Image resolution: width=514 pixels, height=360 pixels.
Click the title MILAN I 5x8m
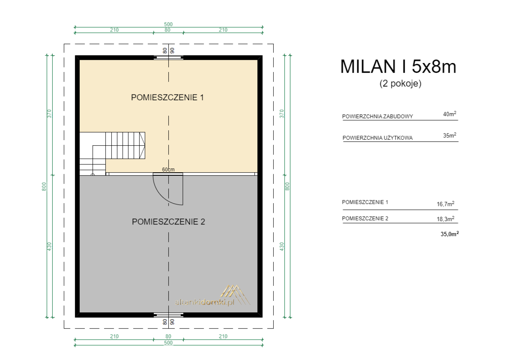pyautogui.click(x=398, y=67)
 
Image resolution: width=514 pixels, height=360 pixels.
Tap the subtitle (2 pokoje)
pyautogui.click(x=400, y=84)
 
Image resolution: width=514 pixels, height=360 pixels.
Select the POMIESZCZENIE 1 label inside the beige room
pyautogui.click(x=167, y=97)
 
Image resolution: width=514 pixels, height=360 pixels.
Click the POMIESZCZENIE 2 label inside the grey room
pyautogui.click(x=168, y=221)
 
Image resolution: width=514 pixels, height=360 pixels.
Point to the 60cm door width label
pyautogui.click(x=168, y=169)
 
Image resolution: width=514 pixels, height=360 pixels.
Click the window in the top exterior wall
pyautogui.click(x=168, y=58)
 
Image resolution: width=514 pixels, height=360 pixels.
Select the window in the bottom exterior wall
pyautogui.click(x=168, y=315)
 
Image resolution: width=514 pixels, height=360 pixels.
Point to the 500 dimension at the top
pyautogui.click(x=168, y=24)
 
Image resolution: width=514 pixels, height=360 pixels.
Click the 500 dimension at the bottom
pyautogui.click(x=168, y=343)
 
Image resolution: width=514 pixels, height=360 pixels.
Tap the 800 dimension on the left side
pyautogui.click(x=44, y=186)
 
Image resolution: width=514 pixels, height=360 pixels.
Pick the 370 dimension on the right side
pyautogui.click(x=282, y=114)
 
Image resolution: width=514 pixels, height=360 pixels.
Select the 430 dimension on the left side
pyautogui.click(x=49, y=246)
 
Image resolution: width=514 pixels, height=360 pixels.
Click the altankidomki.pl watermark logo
pyautogui.click(x=212, y=296)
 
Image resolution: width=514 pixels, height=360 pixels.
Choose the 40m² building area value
pyautogui.click(x=449, y=114)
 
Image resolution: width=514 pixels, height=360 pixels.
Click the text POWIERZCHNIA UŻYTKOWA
pyautogui.click(x=377, y=138)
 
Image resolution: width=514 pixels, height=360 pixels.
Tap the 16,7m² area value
pyautogui.click(x=445, y=204)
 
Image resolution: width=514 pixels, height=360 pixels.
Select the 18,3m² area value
pyautogui.click(x=445, y=219)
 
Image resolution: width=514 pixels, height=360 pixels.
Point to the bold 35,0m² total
pyautogui.click(x=449, y=234)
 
